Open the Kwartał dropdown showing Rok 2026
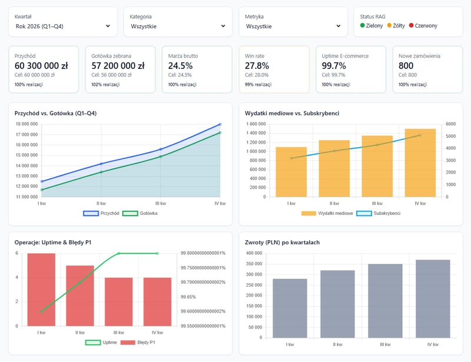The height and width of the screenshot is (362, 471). [x=62, y=26]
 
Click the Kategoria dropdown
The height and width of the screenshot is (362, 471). [x=178, y=26]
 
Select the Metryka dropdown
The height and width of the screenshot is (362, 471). [x=293, y=26]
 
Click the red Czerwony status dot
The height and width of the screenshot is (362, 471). [x=412, y=26]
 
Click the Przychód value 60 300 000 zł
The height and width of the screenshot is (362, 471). [x=41, y=66]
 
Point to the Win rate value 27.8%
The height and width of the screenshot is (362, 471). [x=257, y=66]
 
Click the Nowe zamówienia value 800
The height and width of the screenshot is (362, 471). [x=406, y=66]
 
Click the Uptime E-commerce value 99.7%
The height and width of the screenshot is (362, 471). [x=334, y=66]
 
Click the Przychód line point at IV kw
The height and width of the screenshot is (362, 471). [x=220, y=124]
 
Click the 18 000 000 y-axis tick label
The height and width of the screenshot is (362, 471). [x=26, y=124]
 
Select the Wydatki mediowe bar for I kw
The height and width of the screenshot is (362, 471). [x=291, y=172]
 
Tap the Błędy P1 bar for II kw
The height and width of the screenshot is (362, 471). [x=79, y=295]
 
